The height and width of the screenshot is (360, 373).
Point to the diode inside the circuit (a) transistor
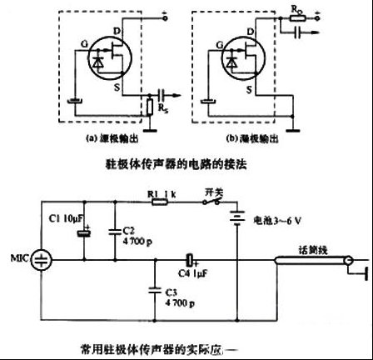coord(102,62)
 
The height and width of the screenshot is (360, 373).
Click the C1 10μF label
coord(64,218)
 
